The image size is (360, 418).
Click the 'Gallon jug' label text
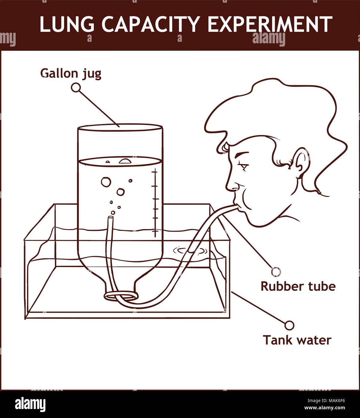tap(71, 73)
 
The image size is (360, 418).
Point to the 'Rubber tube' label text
tap(298, 286)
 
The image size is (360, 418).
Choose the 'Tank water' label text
tap(297, 340)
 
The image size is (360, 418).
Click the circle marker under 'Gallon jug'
tap(76, 88)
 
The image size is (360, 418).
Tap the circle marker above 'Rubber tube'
tap(276, 272)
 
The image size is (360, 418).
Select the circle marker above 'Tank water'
tap(289, 325)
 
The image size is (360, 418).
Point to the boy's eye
tap(242, 165)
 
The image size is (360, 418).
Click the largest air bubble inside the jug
tap(106, 182)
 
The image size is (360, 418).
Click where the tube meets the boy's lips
tap(235, 206)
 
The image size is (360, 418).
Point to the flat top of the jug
tap(120, 128)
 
